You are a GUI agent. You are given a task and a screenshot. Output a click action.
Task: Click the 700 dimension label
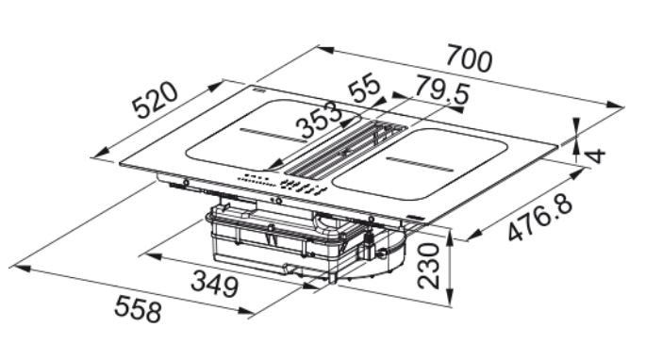(x=470, y=58)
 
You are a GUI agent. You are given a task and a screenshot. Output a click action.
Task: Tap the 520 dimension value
(x=156, y=101)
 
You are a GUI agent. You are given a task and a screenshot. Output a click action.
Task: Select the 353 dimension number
(x=321, y=120)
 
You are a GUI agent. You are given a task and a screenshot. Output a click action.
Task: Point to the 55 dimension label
(x=364, y=88)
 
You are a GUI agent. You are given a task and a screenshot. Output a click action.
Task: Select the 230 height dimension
(x=428, y=266)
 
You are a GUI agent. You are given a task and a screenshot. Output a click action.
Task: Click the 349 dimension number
(x=215, y=283)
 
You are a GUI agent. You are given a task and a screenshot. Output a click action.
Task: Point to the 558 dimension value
(x=138, y=308)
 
